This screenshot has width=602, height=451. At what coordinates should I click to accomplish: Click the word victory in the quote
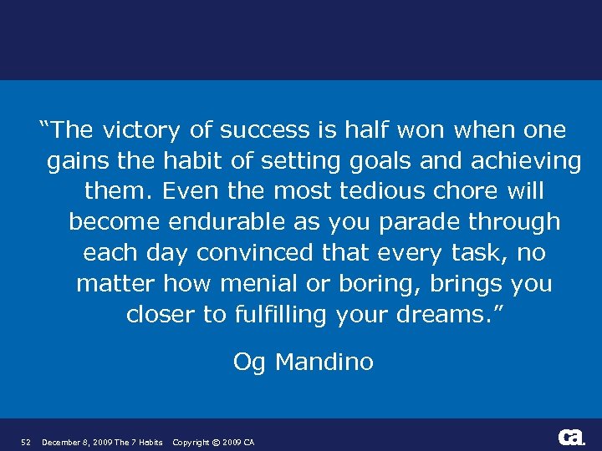click(141, 130)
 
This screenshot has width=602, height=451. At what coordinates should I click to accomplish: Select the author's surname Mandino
click(324, 362)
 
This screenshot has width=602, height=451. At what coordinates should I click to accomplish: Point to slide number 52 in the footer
click(25, 442)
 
